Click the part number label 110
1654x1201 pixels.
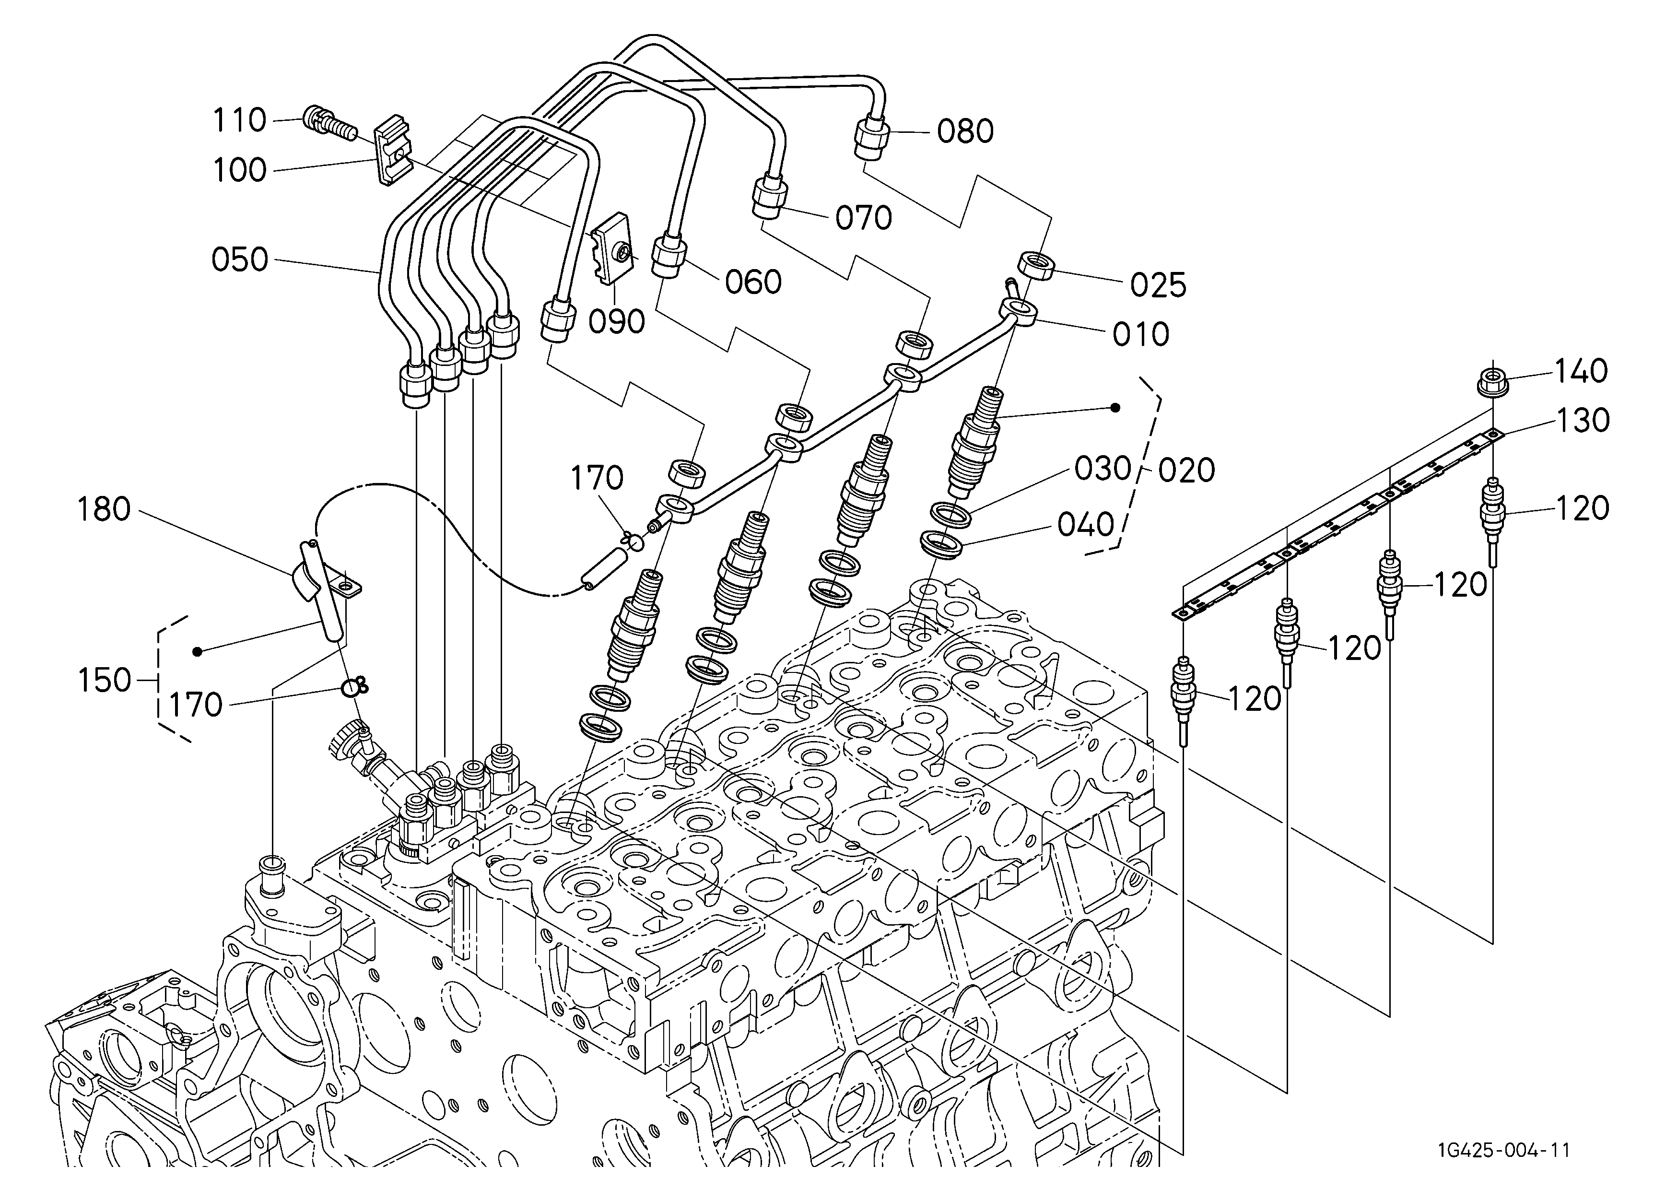pyautogui.click(x=239, y=120)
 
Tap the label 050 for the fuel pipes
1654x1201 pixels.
pyautogui.click(x=240, y=259)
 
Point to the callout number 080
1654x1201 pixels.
pyautogui.click(x=965, y=131)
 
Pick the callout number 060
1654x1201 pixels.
pyautogui.click(x=753, y=282)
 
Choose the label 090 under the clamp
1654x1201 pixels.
pyautogui.click(x=617, y=321)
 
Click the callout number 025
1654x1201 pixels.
pyautogui.click(x=1158, y=285)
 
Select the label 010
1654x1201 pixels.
pyautogui.click(x=1140, y=335)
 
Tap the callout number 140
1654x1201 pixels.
pyautogui.click(x=1581, y=371)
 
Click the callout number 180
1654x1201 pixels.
pyautogui.click(x=104, y=510)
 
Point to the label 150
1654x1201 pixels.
pyautogui.click(x=104, y=680)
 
